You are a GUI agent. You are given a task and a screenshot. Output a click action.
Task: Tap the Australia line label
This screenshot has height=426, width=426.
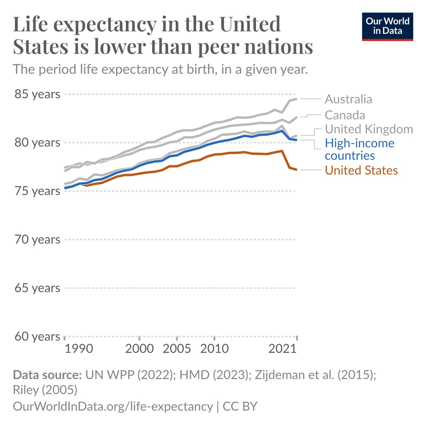[348, 99]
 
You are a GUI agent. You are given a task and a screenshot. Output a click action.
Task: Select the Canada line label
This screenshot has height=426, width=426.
[345, 115]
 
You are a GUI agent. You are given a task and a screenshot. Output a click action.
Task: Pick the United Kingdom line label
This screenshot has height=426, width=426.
[368, 129]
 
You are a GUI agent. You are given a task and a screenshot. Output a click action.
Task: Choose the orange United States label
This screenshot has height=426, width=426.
[361, 170]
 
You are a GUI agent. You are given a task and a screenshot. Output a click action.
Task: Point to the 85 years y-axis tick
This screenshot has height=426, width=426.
[37, 94]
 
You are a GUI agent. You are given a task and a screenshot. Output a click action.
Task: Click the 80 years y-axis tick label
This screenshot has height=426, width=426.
[37, 142]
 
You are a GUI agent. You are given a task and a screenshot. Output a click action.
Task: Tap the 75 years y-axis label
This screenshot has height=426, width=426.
[37, 191]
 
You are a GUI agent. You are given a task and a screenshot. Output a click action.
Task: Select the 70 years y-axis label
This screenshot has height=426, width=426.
[37, 239]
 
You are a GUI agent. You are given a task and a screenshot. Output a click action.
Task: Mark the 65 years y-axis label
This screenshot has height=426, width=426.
[37, 288]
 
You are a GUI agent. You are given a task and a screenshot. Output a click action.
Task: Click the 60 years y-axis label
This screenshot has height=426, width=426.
[37, 337]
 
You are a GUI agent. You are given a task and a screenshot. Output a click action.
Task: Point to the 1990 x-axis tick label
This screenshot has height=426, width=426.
[79, 349]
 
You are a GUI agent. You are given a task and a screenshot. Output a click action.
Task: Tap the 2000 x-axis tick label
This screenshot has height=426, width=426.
[139, 349]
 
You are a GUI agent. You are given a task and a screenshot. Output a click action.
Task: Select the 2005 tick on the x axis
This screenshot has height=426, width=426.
[177, 349]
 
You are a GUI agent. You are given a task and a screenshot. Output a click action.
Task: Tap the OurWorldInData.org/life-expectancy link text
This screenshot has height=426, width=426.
[112, 406]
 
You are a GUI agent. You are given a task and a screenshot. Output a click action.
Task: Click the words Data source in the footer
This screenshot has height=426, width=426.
[47, 375]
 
